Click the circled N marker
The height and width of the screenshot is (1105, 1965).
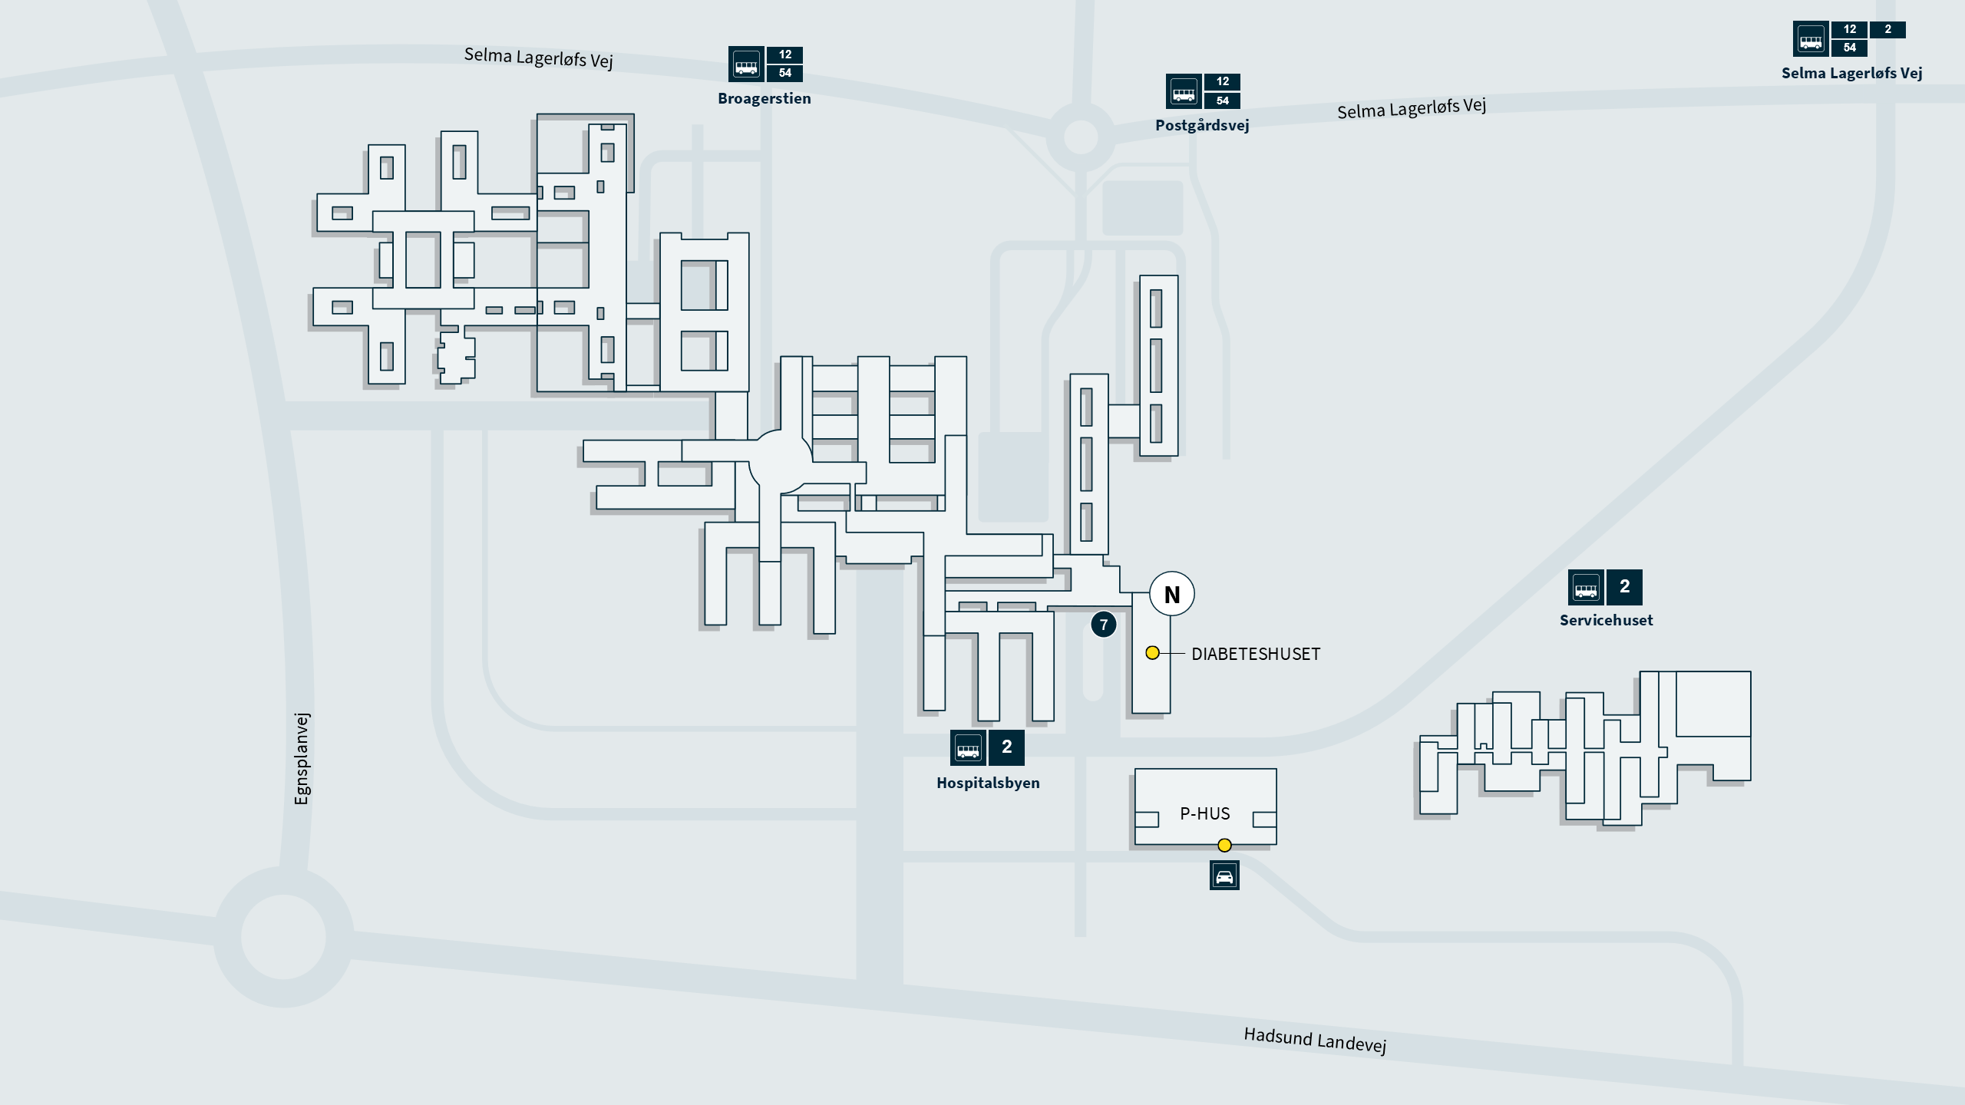(x=1172, y=594)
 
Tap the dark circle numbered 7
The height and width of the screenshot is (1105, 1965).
(x=1104, y=625)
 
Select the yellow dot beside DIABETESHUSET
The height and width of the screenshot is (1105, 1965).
(x=1152, y=653)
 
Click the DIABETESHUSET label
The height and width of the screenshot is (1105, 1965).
(x=1256, y=654)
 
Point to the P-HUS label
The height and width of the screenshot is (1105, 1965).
(x=1205, y=813)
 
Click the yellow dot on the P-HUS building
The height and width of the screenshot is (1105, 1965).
(x=1224, y=846)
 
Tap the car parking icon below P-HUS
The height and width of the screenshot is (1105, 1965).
(x=1224, y=876)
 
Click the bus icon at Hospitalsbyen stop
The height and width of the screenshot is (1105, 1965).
(x=968, y=747)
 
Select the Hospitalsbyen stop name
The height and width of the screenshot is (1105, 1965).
(x=988, y=783)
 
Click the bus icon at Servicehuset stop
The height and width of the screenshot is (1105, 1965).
(x=1586, y=588)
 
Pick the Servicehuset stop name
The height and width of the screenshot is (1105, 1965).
(x=1606, y=620)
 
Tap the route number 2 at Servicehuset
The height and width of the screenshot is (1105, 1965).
(x=1624, y=587)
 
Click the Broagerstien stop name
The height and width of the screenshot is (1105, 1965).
(x=764, y=98)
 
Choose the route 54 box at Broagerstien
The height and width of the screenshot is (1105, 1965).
(x=784, y=73)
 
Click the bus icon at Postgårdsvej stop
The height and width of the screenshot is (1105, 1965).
(x=1184, y=91)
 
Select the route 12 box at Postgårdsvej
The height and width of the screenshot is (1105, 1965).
(x=1223, y=81)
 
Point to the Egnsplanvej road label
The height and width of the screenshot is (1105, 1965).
(x=302, y=758)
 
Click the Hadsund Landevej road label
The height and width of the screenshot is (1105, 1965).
(x=1315, y=1041)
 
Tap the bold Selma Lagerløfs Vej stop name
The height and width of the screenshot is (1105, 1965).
(x=1851, y=73)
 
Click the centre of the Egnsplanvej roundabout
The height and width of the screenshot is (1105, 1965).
(x=283, y=937)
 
